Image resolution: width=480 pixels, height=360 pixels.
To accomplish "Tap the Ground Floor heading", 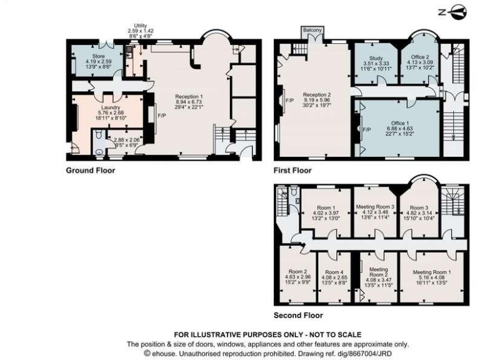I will [x=90, y=169].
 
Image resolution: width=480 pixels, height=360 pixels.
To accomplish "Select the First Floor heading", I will [x=293, y=169].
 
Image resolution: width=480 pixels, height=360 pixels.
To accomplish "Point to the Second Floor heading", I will [x=298, y=315].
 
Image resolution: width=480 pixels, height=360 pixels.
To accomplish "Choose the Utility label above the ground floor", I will [x=140, y=26].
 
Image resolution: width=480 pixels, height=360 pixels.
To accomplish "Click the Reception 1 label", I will [x=189, y=96].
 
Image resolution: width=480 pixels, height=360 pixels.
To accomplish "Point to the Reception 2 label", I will [x=317, y=94].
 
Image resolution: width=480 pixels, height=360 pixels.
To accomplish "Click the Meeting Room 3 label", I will [x=375, y=206].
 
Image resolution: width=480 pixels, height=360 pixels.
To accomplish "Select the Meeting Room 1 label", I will [x=432, y=272].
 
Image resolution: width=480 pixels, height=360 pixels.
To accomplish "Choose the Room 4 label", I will [x=333, y=272].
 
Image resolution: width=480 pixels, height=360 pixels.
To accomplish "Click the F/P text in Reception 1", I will [x=161, y=116].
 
